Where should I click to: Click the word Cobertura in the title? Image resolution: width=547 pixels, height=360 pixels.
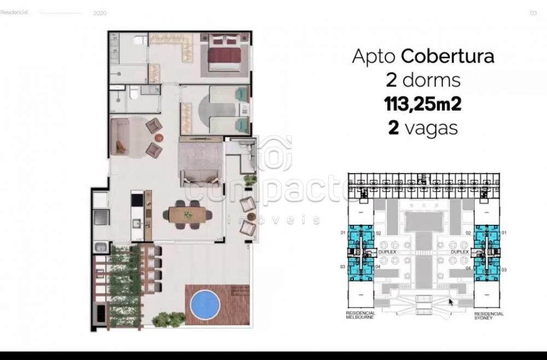point(447,56)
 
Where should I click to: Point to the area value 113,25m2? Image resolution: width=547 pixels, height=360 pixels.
point(423,103)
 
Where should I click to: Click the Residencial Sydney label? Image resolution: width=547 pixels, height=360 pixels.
point(489,315)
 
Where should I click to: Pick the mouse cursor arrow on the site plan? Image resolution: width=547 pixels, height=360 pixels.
point(451,301)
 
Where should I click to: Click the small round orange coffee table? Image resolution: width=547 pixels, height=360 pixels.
point(159,137)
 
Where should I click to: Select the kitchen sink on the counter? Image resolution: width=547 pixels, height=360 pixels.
point(137,223)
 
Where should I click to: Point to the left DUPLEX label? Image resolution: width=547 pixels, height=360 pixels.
point(386,252)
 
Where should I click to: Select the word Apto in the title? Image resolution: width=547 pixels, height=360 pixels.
point(374,56)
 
